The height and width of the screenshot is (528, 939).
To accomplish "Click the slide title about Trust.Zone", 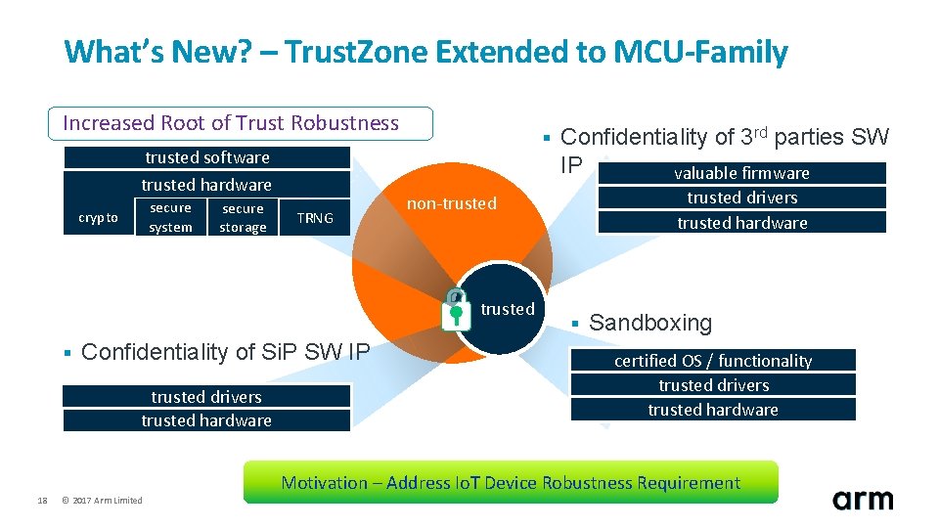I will [x=425, y=52].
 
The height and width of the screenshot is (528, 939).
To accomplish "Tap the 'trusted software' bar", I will [x=206, y=157].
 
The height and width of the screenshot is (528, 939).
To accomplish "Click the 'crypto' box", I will [x=98, y=218].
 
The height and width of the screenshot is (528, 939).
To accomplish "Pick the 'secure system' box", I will [x=170, y=218].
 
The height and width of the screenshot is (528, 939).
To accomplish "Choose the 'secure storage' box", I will [x=243, y=218].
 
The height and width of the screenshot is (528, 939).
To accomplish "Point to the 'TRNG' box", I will [x=315, y=218].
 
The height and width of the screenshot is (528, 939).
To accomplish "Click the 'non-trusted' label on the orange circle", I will [x=452, y=203].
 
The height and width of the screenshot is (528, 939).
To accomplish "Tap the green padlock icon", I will [x=456, y=308].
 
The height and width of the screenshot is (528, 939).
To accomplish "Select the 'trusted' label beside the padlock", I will [x=508, y=309].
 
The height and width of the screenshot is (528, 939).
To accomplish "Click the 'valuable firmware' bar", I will [x=741, y=173].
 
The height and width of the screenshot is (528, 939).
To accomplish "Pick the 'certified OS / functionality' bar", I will [x=713, y=361].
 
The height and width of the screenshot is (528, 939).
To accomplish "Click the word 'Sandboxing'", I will [x=650, y=323].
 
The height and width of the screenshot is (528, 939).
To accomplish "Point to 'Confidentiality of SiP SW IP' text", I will [x=225, y=352].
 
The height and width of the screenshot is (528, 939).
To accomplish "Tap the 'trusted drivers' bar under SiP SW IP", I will [x=206, y=397].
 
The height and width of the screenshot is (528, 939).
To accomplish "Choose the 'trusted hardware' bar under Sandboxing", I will [x=713, y=410].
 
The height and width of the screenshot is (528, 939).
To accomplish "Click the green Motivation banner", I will [x=511, y=483].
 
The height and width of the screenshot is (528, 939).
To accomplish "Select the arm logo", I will [x=862, y=500].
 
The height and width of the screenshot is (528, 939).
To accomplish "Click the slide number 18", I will [x=42, y=501].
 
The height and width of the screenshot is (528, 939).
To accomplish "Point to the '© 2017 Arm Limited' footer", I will [x=102, y=501].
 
